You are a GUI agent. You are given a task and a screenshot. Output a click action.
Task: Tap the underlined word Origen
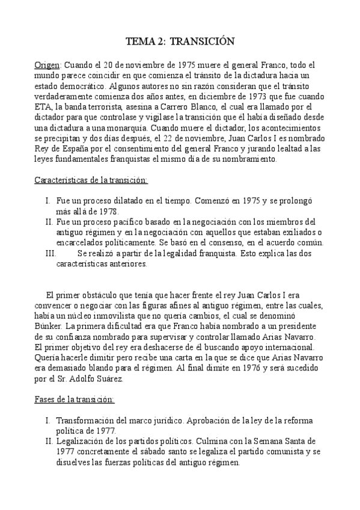47,64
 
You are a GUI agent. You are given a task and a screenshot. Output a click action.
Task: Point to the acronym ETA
43,107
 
